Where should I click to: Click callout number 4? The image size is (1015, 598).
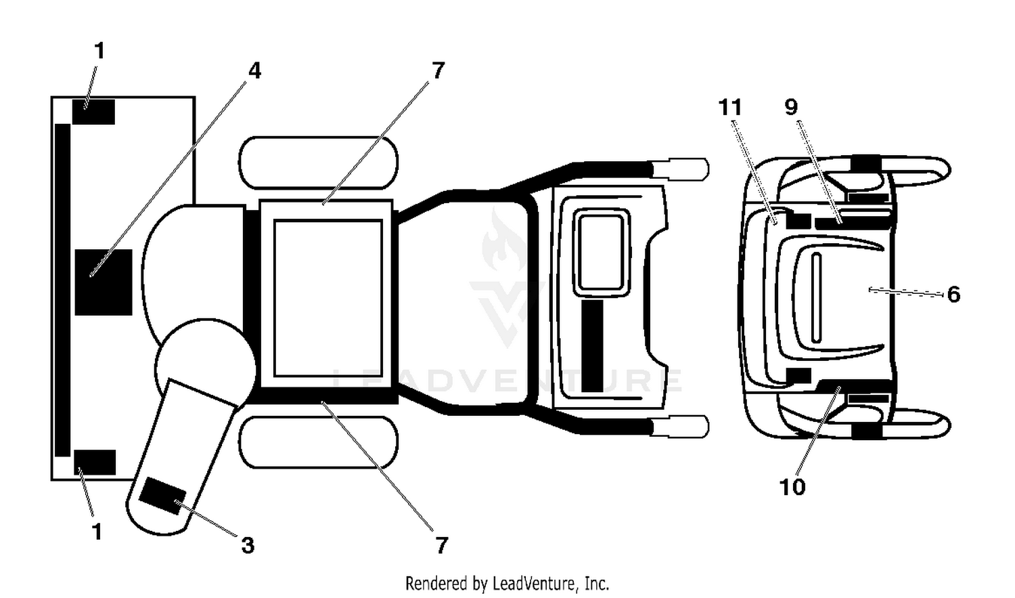click(254, 71)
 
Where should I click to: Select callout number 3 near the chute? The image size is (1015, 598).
click(248, 545)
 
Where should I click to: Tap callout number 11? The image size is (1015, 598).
click(730, 108)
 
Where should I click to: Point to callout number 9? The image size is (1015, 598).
click(791, 107)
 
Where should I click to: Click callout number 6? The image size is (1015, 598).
click(953, 295)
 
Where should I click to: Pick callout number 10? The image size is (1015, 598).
click(792, 487)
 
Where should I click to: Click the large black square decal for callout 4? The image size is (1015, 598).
click(104, 282)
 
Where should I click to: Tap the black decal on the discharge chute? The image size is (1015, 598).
click(162, 496)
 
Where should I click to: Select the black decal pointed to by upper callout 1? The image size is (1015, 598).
click(93, 112)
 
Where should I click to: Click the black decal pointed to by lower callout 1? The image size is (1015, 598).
click(95, 463)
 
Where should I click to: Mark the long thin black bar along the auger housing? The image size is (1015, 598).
click(62, 290)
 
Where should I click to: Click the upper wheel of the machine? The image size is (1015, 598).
click(318, 163)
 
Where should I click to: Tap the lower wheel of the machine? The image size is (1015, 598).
click(318, 442)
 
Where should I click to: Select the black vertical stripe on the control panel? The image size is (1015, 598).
click(592, 345)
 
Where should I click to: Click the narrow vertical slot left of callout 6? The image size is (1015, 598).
click(816, 297)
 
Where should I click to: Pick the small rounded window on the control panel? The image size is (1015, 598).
click(602, 253)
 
